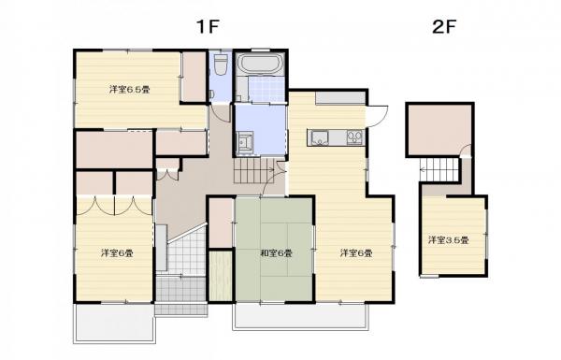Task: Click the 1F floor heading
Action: click(208, 26)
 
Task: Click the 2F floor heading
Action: click(444, 26)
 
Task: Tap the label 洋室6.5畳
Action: click(130, 89)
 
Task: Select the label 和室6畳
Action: click(276, 253)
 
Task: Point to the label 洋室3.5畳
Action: click(449, 240)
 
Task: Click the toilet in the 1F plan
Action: click(221, 65)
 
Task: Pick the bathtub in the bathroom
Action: click(261, 64)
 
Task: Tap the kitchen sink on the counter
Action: click(320, 137)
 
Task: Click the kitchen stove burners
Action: click(354, 137)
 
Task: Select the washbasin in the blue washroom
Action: click(245, 140)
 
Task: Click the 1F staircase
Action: click(254, 171)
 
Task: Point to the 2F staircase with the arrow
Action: click(439, 169)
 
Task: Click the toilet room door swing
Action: click(222, 114)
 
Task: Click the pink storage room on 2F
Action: click(439, 129)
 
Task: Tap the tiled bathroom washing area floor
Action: click(266, 89)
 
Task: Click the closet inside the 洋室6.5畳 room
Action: click(194, 77)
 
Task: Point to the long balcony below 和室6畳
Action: click(300, 316)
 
